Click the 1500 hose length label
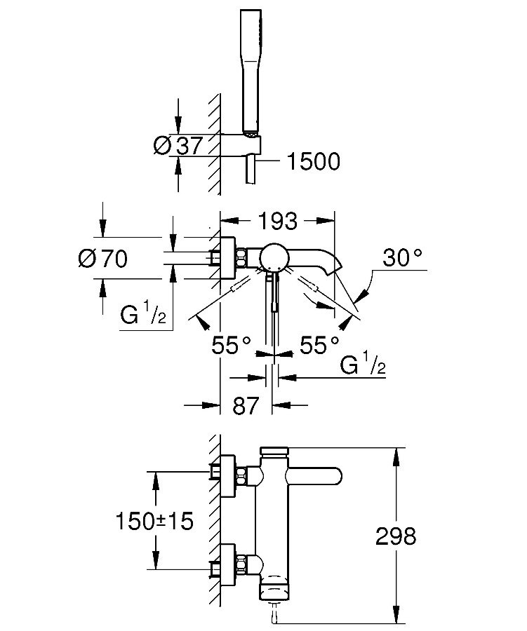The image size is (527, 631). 313,161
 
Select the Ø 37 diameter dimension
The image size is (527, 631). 178,145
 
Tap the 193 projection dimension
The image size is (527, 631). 277,221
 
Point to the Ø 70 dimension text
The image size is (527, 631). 102,258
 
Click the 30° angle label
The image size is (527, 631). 402,257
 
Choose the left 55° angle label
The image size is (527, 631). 231,345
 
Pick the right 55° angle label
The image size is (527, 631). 319,345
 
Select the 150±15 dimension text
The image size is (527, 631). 154,521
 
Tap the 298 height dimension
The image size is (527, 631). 395,536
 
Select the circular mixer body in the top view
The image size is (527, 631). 274,257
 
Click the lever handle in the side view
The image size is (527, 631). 314,477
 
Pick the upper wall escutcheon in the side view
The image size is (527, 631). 227,476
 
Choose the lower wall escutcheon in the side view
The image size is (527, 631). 227,564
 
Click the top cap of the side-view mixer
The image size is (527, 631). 274,451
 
